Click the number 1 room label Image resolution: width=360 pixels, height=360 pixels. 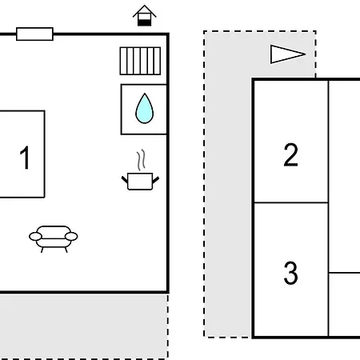point(25,158)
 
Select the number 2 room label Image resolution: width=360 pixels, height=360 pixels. point(290,154)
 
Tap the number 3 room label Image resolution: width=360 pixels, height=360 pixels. point(290,273)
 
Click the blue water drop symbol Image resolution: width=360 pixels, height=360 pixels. point(145,109)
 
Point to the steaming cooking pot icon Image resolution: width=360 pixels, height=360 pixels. point(140,170)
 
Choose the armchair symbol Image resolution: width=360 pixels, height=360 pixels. point(54,239)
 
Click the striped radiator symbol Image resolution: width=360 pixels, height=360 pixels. point(140,61)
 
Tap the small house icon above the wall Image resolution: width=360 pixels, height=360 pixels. point(145,15)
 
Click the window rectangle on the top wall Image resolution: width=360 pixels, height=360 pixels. point(34,34)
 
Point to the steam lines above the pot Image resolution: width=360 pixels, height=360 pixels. point(142,160)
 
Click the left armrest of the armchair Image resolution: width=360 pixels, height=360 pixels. point(35,236)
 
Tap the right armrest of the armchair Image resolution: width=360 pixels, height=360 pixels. point(71,236)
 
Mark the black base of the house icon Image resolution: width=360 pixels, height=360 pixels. point(145,22)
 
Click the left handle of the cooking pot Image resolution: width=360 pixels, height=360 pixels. point(125,179)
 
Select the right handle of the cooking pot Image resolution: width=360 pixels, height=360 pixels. point(156,180)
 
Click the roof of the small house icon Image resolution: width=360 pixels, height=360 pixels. point(145,10)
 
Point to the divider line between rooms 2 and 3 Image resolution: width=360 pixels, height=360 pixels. point(291,202)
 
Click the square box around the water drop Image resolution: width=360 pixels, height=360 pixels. point(122,110)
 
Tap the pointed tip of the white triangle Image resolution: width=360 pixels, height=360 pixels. point(306,54)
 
